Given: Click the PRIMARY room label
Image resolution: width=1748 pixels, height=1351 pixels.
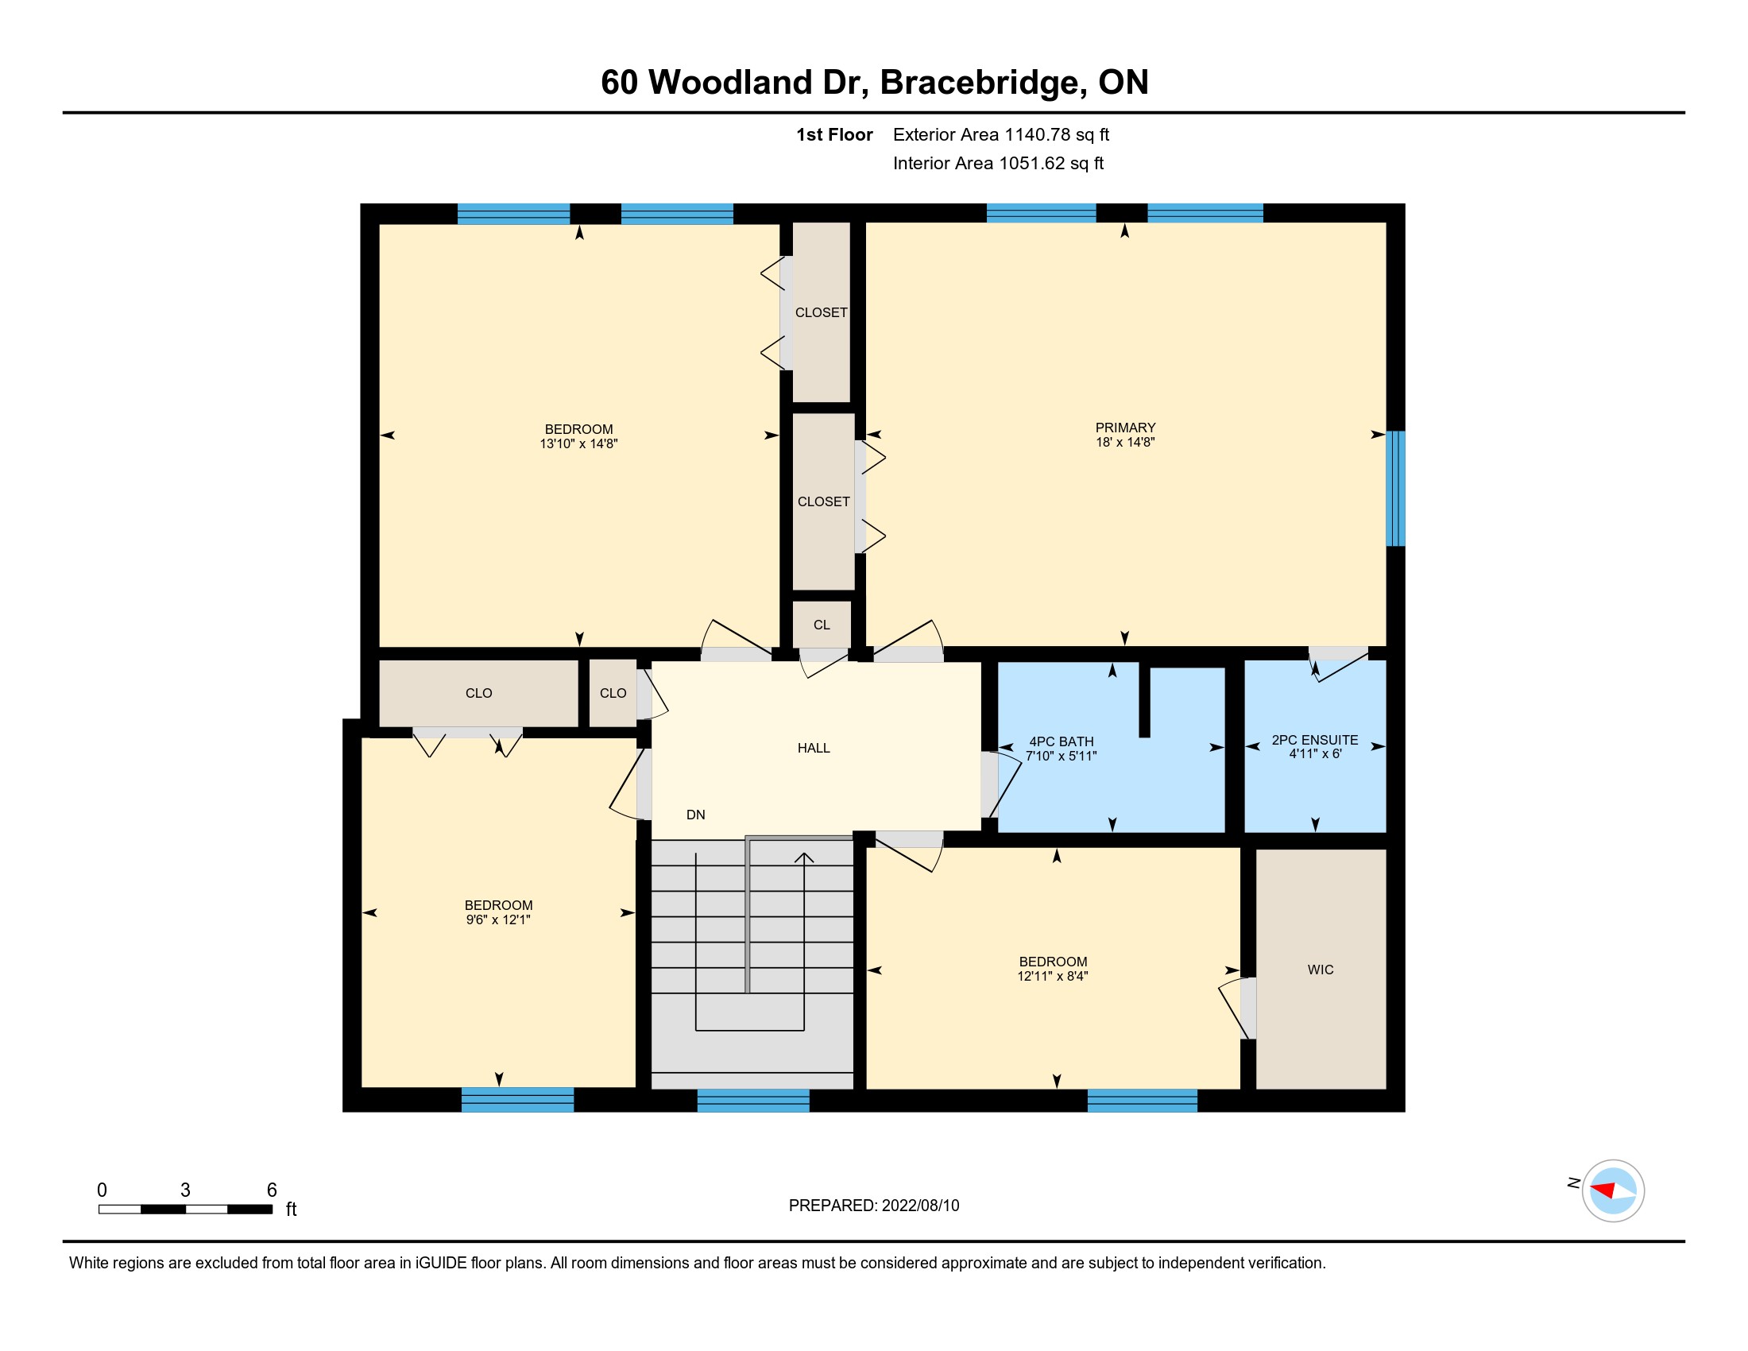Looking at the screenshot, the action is coord(1125,428).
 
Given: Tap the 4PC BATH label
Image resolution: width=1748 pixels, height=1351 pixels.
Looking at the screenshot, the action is coord(1062,742).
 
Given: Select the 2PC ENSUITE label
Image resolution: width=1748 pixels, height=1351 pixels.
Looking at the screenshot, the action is coord(1315,741).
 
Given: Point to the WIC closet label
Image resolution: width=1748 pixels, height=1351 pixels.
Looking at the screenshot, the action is coord(1321,970).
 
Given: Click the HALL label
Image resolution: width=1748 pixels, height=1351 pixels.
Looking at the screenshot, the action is coord(814,749).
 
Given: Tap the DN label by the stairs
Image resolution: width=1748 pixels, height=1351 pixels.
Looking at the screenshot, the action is coord(695,815).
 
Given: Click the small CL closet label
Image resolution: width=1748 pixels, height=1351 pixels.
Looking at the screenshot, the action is coord(822,625).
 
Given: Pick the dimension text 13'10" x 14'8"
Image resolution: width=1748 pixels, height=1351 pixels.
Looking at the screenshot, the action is coord(578,444).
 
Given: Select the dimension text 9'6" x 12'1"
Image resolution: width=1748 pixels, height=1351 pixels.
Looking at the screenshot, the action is coord(499,920).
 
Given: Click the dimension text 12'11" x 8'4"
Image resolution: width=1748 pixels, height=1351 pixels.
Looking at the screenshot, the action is coord(1054,977).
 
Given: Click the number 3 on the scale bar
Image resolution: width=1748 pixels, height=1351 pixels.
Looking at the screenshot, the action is coord(186,1190).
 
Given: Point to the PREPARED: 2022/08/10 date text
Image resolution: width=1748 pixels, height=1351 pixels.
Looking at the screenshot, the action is coord(874,1206).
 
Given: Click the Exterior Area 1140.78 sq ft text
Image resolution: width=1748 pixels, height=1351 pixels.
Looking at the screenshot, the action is coord(1001,135).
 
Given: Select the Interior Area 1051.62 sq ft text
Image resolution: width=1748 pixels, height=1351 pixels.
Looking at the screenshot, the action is coord(998,163).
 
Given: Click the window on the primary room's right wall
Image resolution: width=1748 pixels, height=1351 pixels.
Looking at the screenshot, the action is coord(1395,488).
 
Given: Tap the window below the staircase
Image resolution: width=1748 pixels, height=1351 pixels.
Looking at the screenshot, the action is coord(753,1101).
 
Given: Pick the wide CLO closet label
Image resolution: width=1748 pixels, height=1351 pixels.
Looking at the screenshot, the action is coord(478,693).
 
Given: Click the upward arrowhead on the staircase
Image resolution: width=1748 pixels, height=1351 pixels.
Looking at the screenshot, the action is coord(803,858).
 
